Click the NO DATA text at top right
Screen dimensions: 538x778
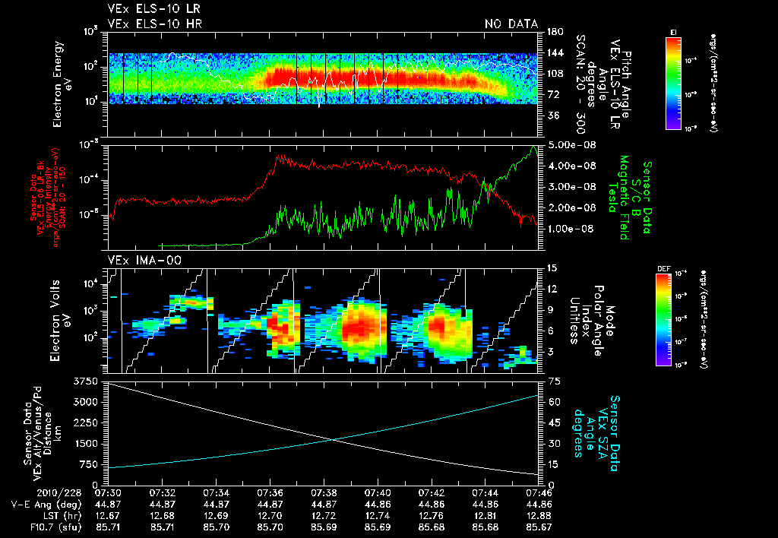pyautogui.click(x=511, y=24)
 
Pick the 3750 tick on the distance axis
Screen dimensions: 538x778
pyautogui.click(x=88, y=381)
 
